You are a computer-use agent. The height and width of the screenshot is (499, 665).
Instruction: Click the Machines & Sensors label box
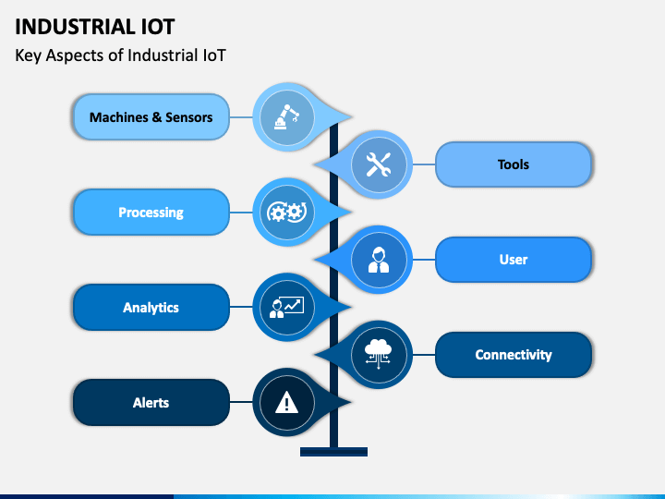pyautogui.click(x=151, y=116)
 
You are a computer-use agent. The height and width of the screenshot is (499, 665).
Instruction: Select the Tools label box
pyautogui.click(x=514, y=164)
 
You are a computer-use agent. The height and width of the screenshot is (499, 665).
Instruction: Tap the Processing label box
pyautogui.click(x=151, y=212)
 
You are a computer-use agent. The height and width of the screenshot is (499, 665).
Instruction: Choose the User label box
pyautogui.click(x=514, y=260)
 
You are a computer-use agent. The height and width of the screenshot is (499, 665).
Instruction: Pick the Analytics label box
pyautogui.click(x=151, y=307)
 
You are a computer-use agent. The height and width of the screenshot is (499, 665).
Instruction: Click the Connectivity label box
pyautogui.click(x=514, y=354)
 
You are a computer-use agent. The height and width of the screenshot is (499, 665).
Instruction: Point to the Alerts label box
pyautogui.click(x=151, y=402)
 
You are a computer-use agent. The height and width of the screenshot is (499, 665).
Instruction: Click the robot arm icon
pyautogui.click(x=286, y=116)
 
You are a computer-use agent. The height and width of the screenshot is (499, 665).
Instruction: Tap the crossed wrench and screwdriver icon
pyautogui.click(x=379, y=164)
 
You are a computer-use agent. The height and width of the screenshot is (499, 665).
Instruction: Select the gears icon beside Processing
pyautogui.click(x=286, y=212)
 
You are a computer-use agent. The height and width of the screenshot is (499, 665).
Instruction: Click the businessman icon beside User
pyautogui.click(x=379, y=260)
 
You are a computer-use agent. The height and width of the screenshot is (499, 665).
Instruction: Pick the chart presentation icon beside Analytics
pyautogui.click(x=286, y=307)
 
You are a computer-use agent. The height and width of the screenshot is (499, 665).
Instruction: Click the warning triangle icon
pyautogui.click(x=286, y=402)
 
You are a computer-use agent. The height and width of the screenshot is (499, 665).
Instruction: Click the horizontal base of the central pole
pyautogui.click(x=333, y=452)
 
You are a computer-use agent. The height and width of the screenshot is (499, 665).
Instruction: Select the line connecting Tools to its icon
pyautogui.click(x=424, y=164)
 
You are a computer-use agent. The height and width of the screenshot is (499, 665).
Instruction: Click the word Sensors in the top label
pyautogui.click(x=189, y=117)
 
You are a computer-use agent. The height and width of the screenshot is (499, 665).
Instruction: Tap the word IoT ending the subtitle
pyautogui.click(x=214, y=55)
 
